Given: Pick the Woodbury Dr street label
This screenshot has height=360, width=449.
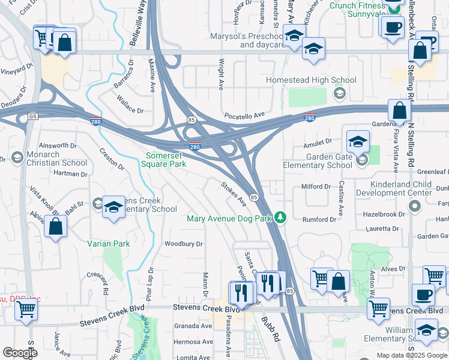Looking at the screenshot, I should (x=184, y=244).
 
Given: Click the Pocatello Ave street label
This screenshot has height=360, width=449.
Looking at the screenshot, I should (x=244, y=115).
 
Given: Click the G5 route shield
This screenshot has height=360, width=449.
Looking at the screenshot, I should (x=32, y=116).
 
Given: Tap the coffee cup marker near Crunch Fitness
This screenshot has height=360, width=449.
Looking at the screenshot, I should (x=394, y=28).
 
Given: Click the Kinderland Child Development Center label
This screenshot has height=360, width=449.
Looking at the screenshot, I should (x=394, y=188).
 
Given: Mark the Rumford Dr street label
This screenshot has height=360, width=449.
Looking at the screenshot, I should (x=319, y=220).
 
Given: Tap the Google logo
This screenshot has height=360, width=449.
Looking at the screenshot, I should (x=20, y=353).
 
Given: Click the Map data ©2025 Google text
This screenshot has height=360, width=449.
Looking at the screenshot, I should (x=411, y=355).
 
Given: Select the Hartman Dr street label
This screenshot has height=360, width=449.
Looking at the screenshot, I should (x=70, y=174).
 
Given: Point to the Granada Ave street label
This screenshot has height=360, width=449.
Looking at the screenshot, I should (x=193, y=326).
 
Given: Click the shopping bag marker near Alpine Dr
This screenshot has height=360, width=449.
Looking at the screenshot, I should (x=55, y=227).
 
